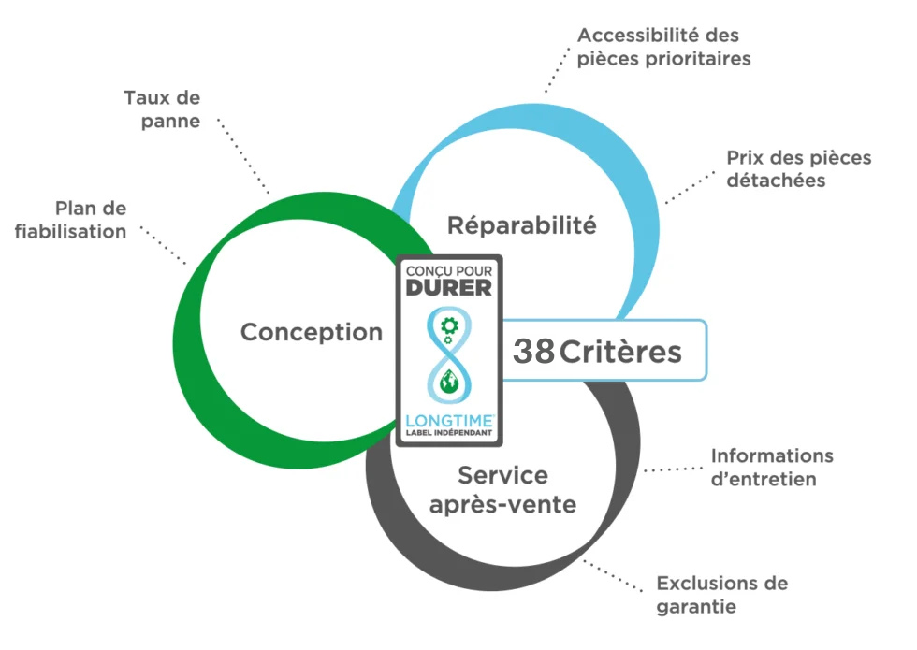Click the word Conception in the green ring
(312, 332)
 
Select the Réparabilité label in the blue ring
(521, 225)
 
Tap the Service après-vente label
(503, 490)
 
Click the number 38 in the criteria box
(533, 352)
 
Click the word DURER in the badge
(449, 288)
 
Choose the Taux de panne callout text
(161, 109)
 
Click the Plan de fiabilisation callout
(72, 219)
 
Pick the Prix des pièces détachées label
(797, 168)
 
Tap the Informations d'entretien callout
(771, 468)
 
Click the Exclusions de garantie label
(721, 595)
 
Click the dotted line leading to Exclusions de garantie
(613, 576)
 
